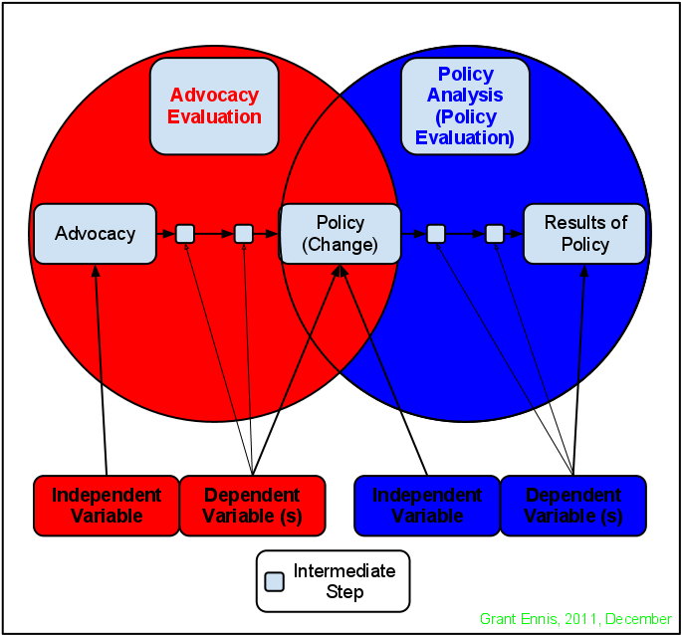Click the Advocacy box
click(x=95, y=234)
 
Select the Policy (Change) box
click(x=340, y=234)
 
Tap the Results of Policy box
click(x=584, y=234)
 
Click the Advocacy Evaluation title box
click(x=214, y=106)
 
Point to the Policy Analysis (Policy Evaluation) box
click(x=465, y=106)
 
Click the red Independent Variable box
click(x=106, y=506)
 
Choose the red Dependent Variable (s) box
click(x=252, y=506)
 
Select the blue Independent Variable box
click(x=427, y=506)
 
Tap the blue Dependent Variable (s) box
click(x=572, y=506)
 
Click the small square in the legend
click(x=274, y=581)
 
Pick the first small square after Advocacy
click(x=185, y=234)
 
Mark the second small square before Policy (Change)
click(x=244, y=234)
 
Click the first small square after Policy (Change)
click(x=435, y=234)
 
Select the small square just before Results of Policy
click(x=495, y=234)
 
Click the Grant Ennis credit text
click(x=574, y=619)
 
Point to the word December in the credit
click(x=638, y=619)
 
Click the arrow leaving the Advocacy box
click(x=165, y=234)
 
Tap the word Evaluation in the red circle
click(x=214, y=116)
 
